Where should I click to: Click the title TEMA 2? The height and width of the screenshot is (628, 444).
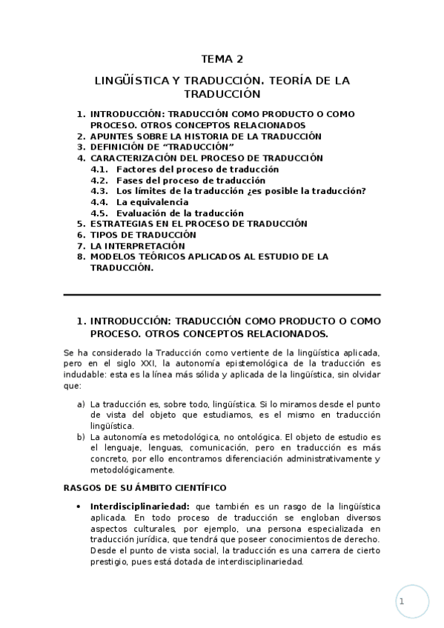222,59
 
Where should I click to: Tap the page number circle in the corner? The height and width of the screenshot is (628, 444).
412,602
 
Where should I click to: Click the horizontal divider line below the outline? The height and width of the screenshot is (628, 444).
222,295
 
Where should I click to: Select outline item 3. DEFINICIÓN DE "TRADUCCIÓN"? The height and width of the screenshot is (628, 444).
156,147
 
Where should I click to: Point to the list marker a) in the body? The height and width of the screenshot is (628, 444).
81,404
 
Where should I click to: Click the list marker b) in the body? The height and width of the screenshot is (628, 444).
81,437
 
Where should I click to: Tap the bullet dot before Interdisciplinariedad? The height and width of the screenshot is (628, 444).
79,506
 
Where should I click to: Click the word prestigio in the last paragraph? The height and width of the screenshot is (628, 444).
110,561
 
